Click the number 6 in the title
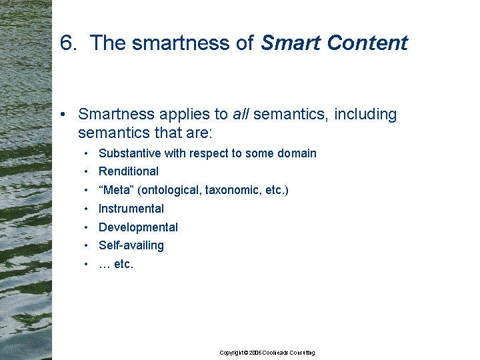[x=67, y=42]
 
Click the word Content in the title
[x=367, y=42]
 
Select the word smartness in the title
[x=181, y=42]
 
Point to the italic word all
[x=241, y=114]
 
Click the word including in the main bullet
[x=365, y=115]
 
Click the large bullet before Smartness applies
[x=63, y=114]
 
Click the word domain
[x=297, y=153]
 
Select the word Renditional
[x=129, y=171]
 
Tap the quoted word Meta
[x=116, y=190]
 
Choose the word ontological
[x=170, y=191]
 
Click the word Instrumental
[x=131, y=209]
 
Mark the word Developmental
[x=138, y=227]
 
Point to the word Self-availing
[x=131, y=245]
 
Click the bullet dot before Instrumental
[x=86, y=209]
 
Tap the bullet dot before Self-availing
[x=86, y=245]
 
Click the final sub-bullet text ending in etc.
[x=116, y=264]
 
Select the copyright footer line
[x=267, y=353]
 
